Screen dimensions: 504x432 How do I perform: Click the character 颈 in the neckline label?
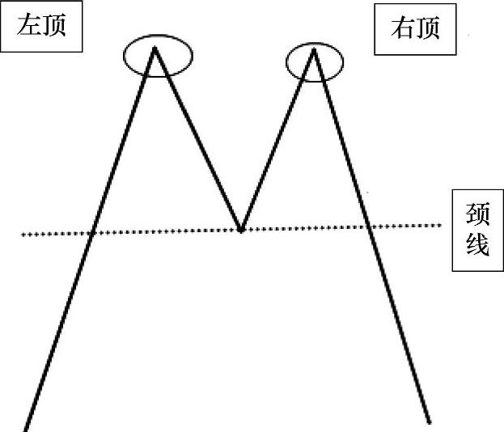point(478,215)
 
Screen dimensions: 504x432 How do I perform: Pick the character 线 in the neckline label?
point(478,244)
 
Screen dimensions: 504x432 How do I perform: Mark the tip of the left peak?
point(155,47)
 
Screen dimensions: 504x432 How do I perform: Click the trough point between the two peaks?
point(240,230)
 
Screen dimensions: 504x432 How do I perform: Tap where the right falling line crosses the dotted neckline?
point(370,227)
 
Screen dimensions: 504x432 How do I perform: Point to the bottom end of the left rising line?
point(26,429)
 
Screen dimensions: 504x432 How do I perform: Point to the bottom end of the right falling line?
point(430,421)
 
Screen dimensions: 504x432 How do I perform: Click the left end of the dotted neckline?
point(22,235)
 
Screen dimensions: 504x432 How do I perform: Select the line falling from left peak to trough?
point(197,138)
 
